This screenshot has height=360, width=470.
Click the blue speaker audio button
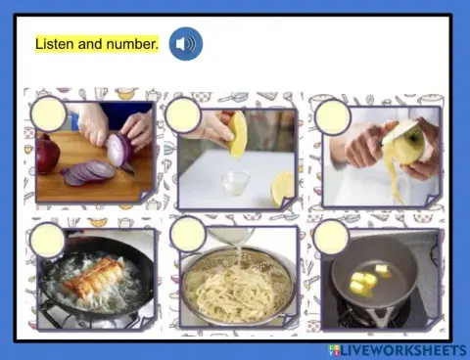pyautogui.click(x=185, y=44)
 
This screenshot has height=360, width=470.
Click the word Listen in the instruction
pyautogui.click(x=55, y=44)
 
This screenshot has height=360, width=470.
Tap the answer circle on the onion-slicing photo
pyautogui.click(x=48, y=114)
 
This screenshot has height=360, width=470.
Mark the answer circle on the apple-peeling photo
pyautogui.click(x=333, y=116)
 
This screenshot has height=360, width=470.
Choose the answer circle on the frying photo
pyautogui.click(x=47, y=240)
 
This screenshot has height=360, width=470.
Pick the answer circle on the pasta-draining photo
pyautogui.click(x=187, y=235)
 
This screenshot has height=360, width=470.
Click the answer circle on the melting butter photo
pyautogui.click(x=331, y=237)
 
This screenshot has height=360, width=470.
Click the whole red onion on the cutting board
pyautogui.click(x=47, y=155)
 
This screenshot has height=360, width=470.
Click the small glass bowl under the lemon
pyautogui.click(x=234, y=182)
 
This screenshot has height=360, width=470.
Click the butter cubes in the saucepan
pyautogui.click(x=365, y=281)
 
